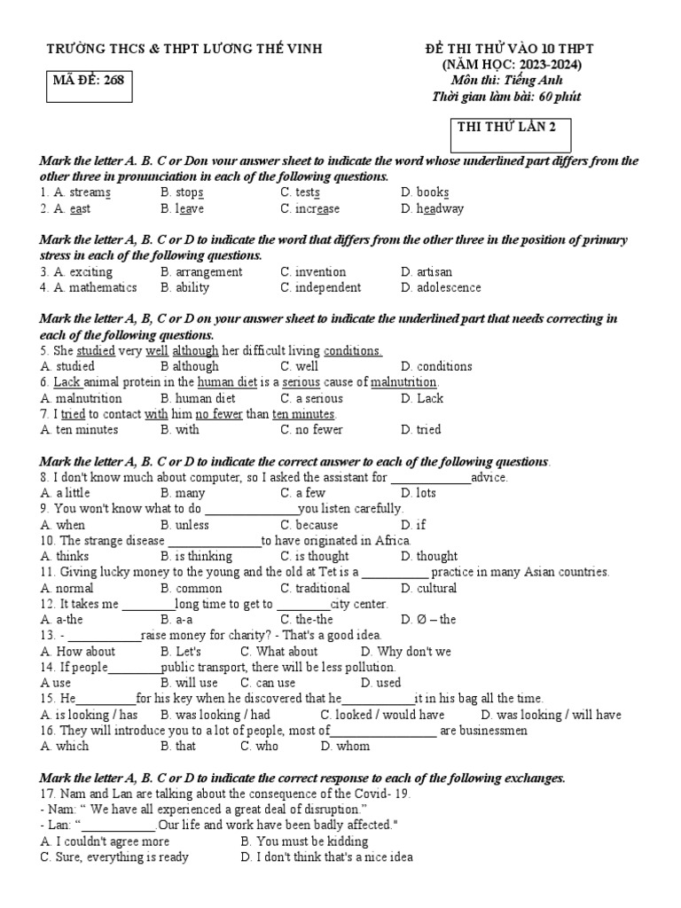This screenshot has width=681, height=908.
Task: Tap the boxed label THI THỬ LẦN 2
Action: (506, 127)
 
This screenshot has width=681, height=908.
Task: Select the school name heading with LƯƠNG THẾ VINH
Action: (184, 49)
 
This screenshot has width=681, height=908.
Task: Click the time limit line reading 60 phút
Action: (505, 97)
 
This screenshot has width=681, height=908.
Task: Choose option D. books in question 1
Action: (425, 192)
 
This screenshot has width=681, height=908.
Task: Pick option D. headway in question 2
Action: (432, 208)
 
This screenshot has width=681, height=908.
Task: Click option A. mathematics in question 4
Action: (89, 287)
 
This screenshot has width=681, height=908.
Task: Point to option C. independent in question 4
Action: (320, 287)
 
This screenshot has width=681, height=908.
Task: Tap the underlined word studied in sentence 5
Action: (97, 350)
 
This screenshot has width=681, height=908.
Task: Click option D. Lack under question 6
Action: (422, 398)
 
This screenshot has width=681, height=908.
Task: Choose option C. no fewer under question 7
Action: (311, 430)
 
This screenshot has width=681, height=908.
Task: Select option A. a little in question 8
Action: (65, 493)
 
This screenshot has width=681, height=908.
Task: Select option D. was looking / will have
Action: (551, 715)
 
